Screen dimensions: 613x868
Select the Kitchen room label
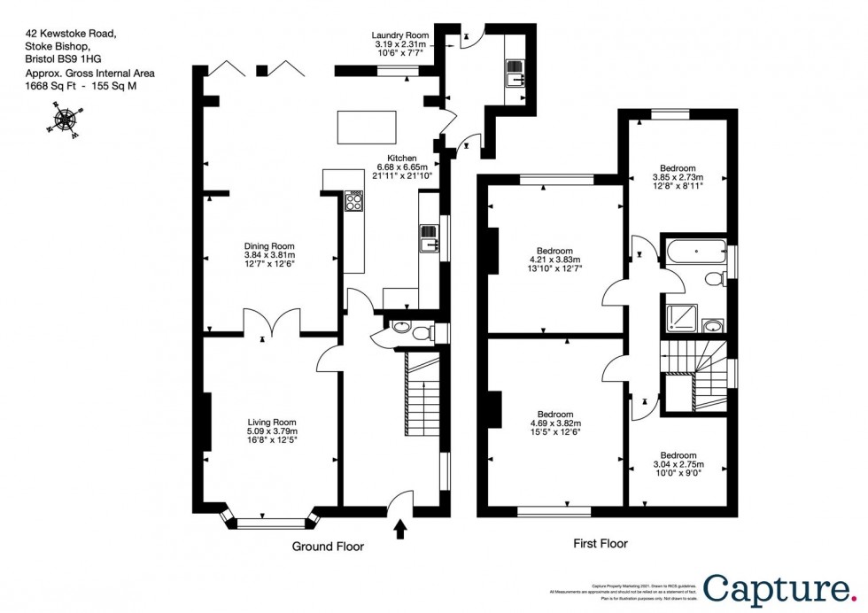pos(396,158)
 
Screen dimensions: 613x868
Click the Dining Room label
pos(269,247)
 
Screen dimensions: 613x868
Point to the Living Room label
pos(271,423)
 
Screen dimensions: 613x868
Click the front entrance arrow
pos(400,530)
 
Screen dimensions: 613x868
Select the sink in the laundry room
pos(515,73)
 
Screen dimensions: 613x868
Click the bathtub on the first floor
pos(694,251)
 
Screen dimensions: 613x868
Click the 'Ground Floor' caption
pos(328,547)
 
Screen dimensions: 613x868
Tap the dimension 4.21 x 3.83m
pos(554,260)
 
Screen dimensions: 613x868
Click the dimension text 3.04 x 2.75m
pos(678,464)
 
